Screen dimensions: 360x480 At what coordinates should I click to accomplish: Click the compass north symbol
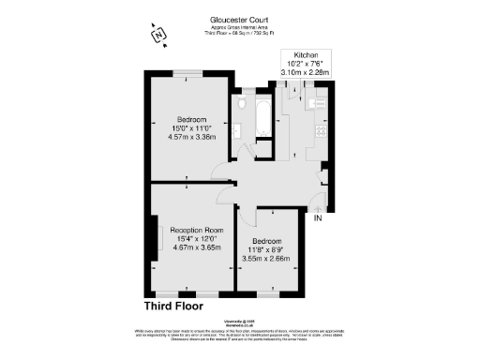pyautogui.click(x=159, y=36)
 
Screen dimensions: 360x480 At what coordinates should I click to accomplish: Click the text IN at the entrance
pyautogui.click(x=318, y=218)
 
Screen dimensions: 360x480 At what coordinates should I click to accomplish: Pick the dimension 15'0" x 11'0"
pyautogui.click(x=192, y=127)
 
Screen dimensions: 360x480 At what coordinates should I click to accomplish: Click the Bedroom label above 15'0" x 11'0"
pyautogui.click(x=192, y=118)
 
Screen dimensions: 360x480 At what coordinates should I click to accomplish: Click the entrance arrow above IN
pyautogui.click(x=318, y=206)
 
